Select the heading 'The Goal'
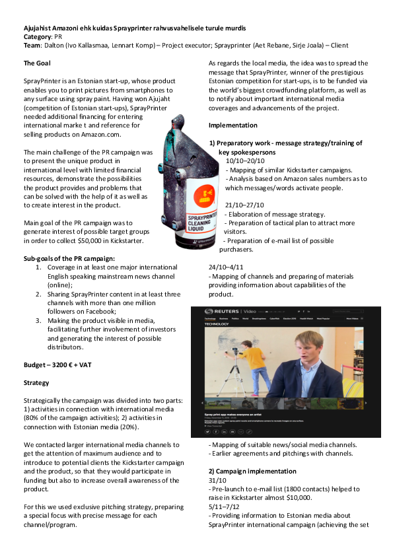(38, 63)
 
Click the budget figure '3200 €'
(66, 364)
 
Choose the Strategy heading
(36, 382)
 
